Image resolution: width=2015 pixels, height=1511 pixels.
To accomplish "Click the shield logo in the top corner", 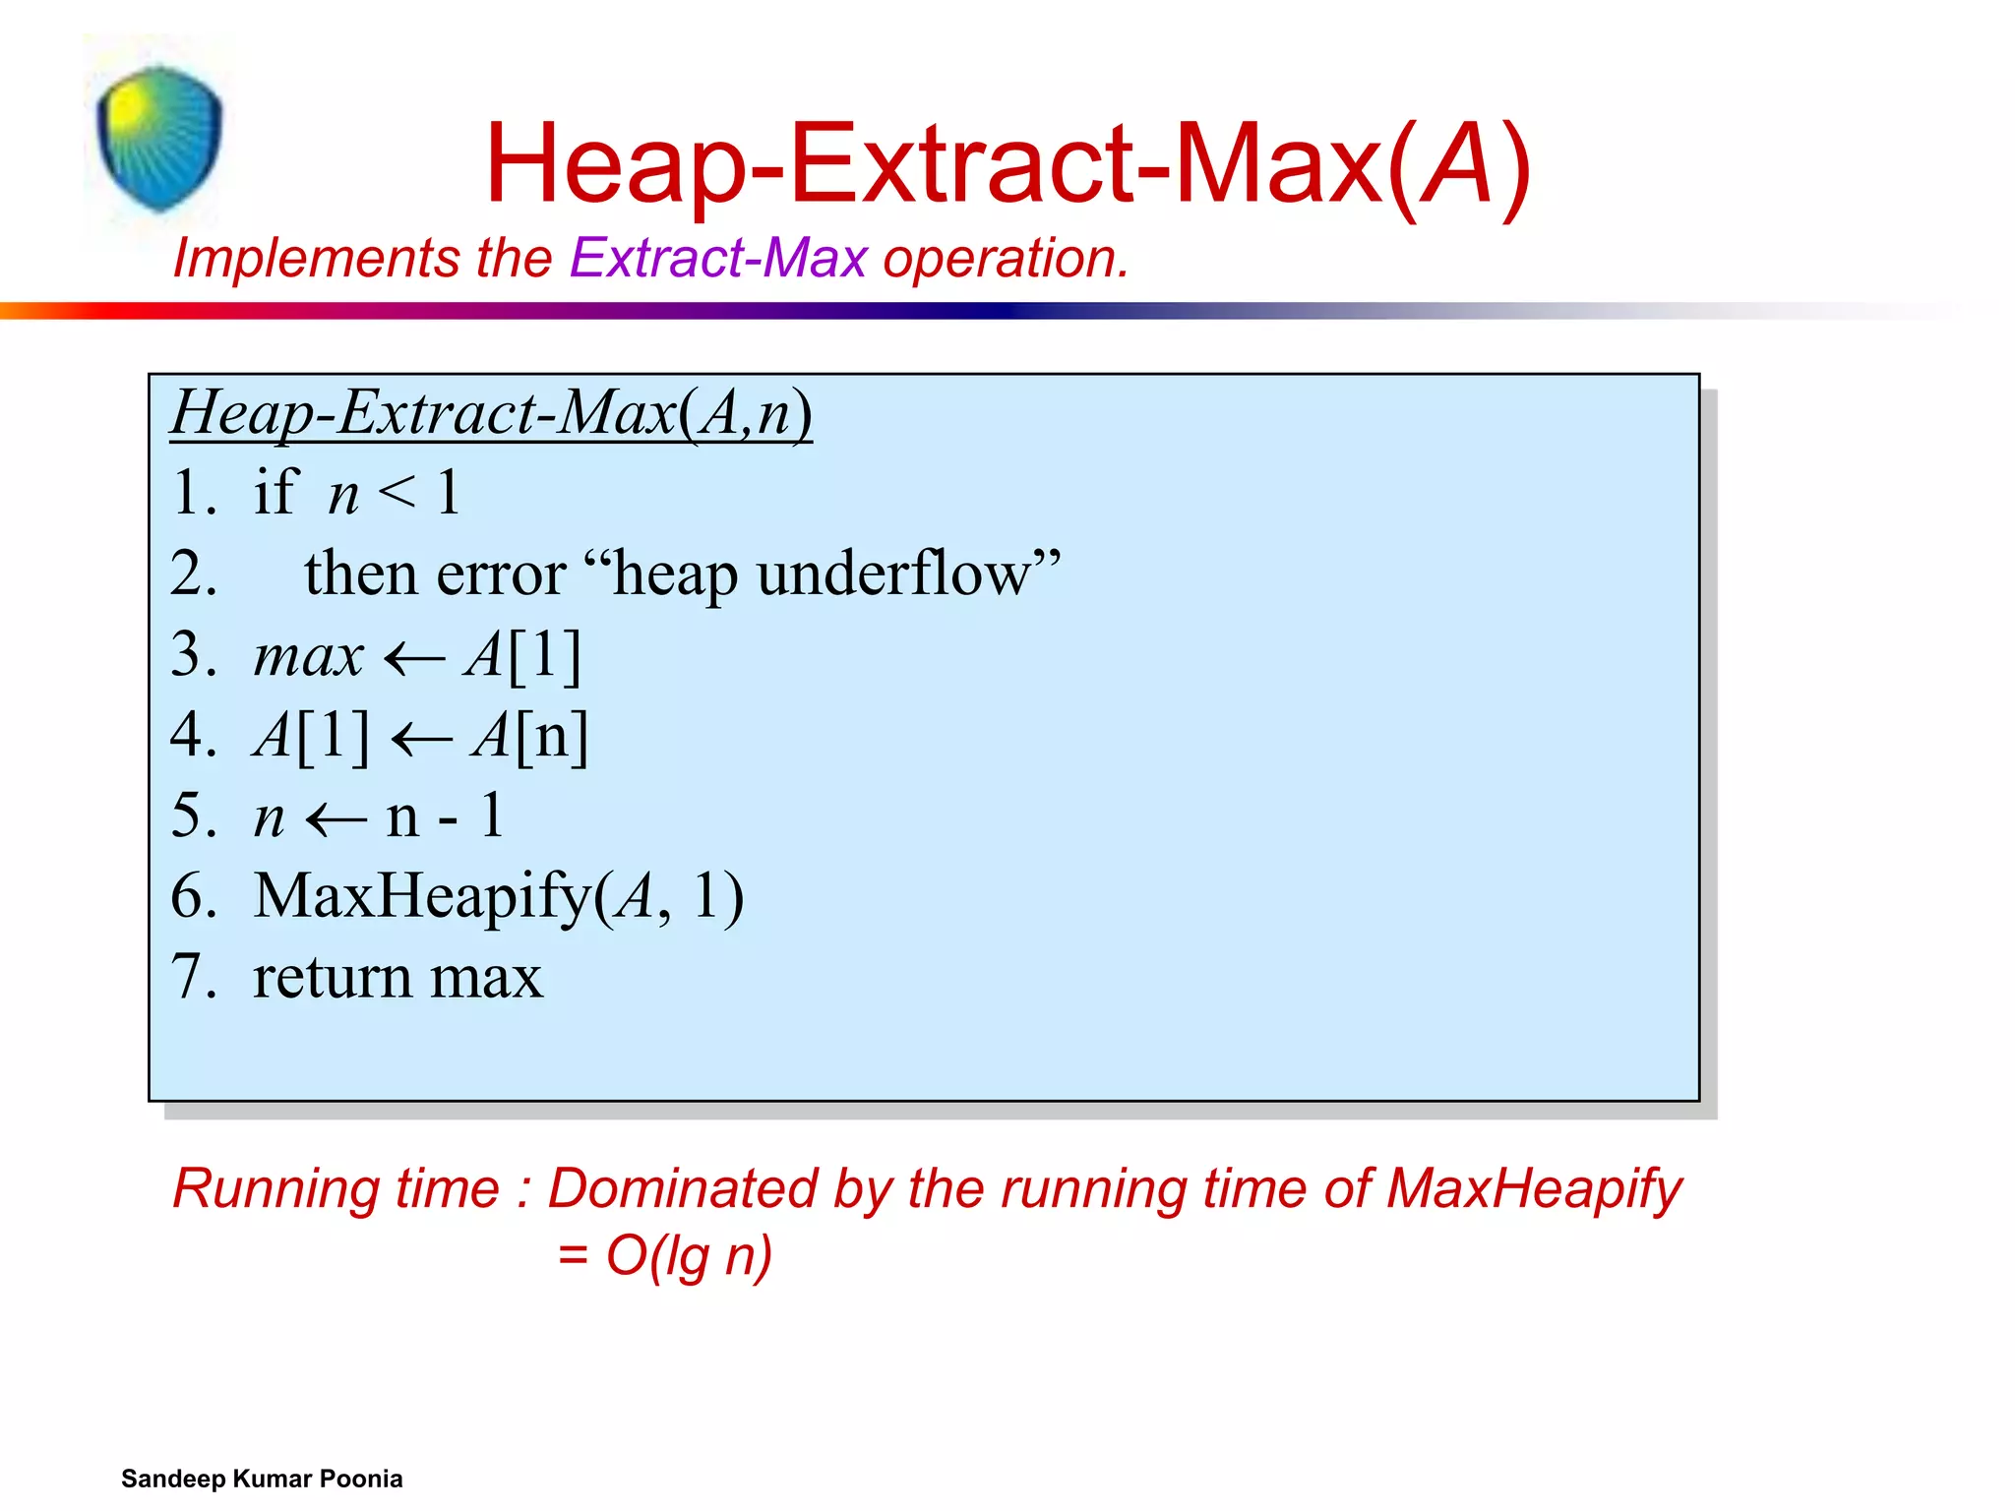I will tap(159, 138).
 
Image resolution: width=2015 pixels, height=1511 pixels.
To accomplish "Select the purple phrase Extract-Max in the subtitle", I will tap(718, 259).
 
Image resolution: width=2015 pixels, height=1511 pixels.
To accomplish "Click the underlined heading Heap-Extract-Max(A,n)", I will tap(491, 412).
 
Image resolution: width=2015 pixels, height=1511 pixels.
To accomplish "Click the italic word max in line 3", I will tap(308, 656).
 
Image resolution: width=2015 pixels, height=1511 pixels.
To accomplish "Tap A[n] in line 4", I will tap(529, 736).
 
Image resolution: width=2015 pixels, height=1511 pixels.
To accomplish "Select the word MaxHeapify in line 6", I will tap(423, 896).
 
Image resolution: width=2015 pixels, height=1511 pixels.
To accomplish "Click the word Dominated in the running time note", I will tap(681, 1188).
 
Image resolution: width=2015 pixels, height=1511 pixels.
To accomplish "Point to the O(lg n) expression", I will tap(688, 1256).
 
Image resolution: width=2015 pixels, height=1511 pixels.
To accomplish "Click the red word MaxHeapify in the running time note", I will tap(1534, 1188).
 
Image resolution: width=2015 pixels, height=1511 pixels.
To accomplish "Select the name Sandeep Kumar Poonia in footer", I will tap(262, 1479).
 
